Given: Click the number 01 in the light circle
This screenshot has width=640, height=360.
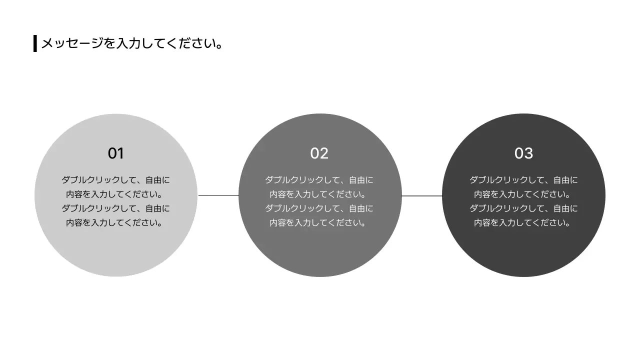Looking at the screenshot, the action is coord(115,153).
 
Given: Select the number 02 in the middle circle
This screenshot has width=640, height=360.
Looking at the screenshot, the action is coord(319,153).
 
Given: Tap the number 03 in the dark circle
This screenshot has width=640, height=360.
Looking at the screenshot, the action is coord(523,153).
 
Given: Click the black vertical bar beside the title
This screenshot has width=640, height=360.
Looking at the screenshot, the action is coord(35,43).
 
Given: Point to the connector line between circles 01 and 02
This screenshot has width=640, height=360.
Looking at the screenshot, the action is coord(218,195).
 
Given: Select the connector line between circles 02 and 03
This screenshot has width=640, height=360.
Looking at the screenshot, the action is coord(422,195).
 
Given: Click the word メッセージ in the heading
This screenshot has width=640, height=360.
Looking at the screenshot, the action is coord(72,43).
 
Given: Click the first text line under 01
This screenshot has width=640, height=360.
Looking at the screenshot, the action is coord(115,180).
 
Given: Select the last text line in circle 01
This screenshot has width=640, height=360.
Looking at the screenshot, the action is coord(115,223).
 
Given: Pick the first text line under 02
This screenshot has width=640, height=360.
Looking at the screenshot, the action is coord(319,180).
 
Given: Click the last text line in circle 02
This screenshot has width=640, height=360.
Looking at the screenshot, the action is coord(319,223).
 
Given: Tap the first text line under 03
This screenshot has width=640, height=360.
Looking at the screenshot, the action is coord(523,180).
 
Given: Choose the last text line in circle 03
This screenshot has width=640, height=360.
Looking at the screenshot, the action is coord(523,223).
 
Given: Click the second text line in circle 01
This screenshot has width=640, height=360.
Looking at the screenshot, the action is coord(115,194).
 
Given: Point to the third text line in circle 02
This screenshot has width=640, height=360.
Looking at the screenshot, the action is coord(319,208).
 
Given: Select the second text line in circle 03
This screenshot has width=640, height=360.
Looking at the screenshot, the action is coord(523,194).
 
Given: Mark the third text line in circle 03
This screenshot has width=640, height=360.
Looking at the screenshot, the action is coord(523,208).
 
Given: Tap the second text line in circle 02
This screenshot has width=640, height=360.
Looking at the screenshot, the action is coord(319,194).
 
